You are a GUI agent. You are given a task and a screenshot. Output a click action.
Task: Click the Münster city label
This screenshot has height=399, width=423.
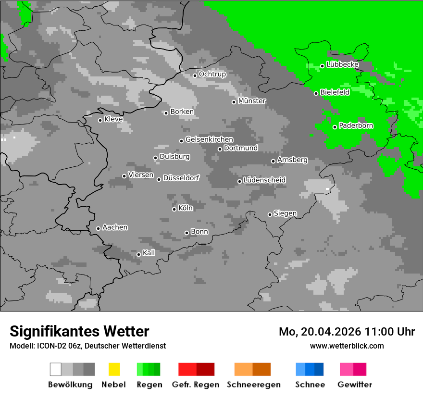[252, 101]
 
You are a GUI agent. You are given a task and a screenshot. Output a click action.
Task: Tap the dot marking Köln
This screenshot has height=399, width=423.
[174, 209]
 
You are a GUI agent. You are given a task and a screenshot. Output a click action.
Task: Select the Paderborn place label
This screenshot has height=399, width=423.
[356, 126]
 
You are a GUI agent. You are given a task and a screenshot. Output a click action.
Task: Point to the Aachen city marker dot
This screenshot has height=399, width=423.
[98, 228]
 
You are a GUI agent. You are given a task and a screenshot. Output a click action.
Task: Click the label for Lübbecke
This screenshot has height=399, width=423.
[342, 64]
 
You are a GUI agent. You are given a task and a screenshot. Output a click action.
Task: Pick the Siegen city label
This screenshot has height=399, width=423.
[285, 213]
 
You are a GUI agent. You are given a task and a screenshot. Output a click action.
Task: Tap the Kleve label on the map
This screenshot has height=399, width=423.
[113, 119]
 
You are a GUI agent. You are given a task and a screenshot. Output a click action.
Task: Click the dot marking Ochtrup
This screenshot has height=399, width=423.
[195, 75]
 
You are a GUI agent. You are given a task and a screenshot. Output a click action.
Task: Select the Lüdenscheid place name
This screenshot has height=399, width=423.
[264, 180]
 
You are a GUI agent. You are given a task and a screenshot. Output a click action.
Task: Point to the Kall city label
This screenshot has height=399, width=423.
[149, 253]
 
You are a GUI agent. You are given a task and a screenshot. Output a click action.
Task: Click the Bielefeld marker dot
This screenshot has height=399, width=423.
[316, 93]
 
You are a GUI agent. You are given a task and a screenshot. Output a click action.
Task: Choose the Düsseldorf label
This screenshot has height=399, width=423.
[181, 178]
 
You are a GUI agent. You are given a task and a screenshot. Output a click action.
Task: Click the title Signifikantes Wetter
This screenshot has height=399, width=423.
[79, 332]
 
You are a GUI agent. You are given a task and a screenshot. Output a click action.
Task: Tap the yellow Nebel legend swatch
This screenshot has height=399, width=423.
[114, 369]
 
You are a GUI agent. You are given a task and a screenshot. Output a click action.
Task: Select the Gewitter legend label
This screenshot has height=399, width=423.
[355, 385]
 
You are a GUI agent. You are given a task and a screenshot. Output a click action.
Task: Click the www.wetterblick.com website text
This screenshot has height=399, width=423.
[347, 346]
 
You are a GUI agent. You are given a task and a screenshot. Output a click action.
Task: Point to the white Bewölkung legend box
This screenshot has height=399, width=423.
[55, 369]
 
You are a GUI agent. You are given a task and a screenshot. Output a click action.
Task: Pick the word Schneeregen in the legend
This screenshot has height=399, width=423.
[253, 385]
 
